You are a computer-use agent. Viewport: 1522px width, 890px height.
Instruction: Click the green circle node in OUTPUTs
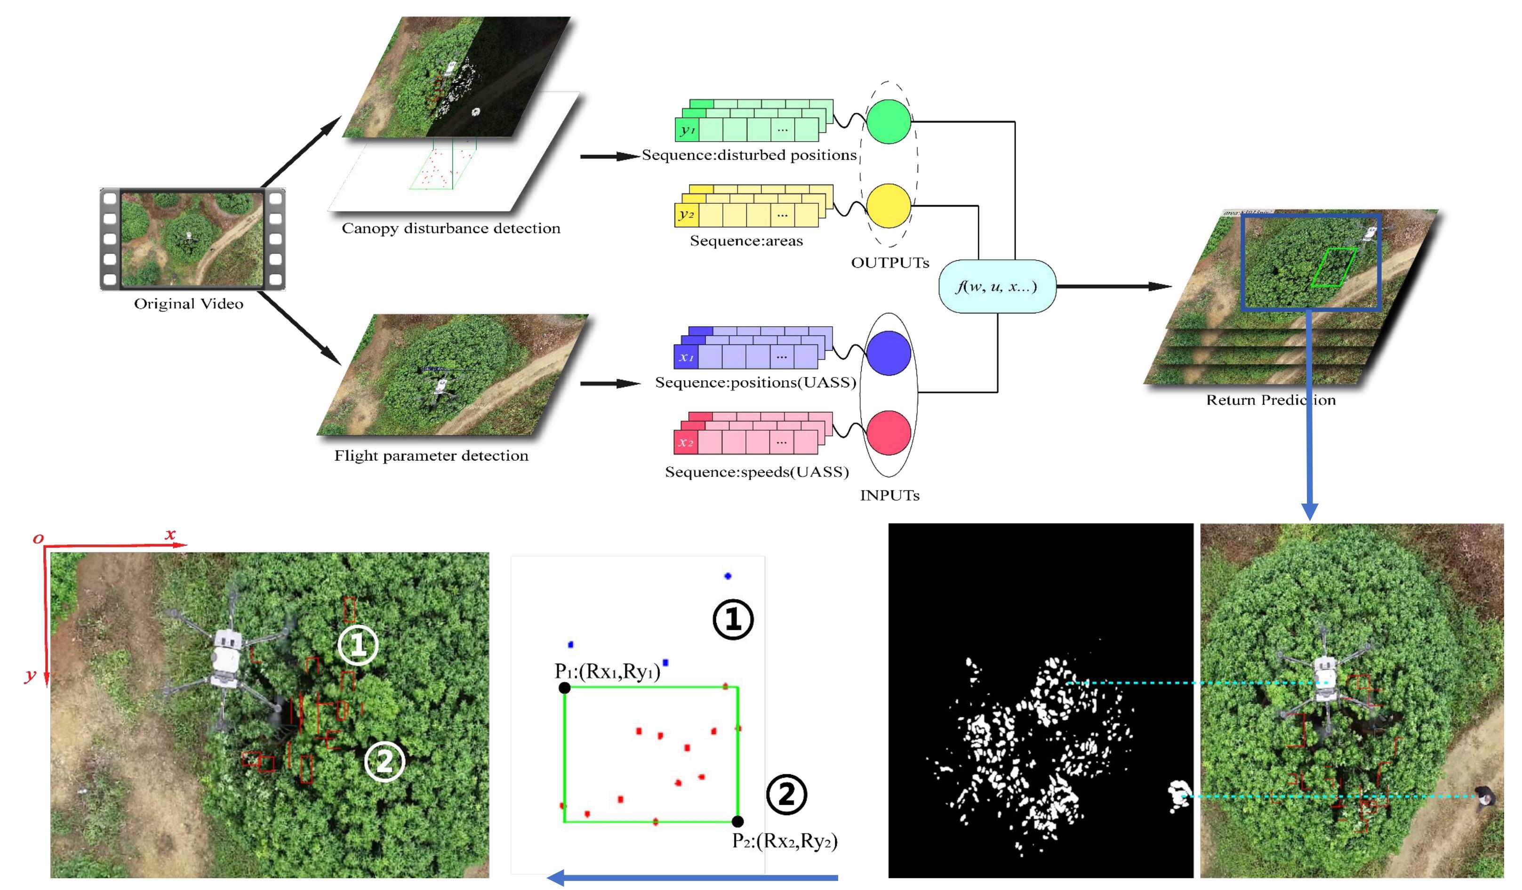(x=889, y=121)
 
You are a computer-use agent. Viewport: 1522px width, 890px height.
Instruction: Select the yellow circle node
(x=889, y=206)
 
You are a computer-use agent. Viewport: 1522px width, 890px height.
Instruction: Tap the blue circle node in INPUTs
(x=889, y=353)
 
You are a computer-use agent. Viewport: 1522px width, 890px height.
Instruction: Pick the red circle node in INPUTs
(x=889, y=433)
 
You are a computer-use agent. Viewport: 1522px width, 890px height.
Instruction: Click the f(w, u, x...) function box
(x=997, y=286)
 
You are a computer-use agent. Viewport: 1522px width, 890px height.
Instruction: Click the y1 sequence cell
(x=687, y=130)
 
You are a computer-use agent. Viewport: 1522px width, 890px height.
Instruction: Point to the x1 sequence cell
(x=686, y=357)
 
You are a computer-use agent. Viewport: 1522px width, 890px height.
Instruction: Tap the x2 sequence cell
(x=686, y=442)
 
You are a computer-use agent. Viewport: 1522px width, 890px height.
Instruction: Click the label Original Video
(x=188, y=304)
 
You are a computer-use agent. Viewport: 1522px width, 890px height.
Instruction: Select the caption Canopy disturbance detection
(x=450, y=228)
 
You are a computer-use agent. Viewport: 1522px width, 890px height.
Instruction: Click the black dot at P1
(x=564, y=688)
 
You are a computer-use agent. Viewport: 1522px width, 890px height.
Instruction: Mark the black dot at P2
(x=737, y=821)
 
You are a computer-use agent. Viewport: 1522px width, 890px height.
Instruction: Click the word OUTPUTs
(x=889, y=263)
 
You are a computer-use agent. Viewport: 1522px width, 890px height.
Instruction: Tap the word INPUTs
(x=889, y=495)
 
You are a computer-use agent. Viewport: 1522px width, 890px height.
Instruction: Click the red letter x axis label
(x=170, y=534)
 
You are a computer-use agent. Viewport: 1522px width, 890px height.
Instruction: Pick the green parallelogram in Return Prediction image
(x=1334, y=267)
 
